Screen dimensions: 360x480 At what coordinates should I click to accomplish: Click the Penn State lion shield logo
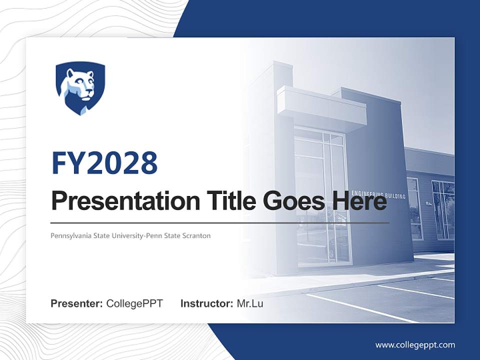click(80, 88)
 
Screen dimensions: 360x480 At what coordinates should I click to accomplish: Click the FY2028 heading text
click(104, 163)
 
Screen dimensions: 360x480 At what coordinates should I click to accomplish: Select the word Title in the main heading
click(220, 201)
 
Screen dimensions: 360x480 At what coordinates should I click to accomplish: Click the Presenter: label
click(77, 303)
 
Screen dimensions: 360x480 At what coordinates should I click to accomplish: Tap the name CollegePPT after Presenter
click(134, 303)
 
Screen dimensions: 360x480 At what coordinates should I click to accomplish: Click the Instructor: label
click(206, 303)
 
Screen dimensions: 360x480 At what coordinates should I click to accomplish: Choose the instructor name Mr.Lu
click(250, 303)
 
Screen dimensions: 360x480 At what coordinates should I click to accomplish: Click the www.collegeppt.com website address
click(415, 345)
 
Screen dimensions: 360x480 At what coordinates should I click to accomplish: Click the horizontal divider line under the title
click(220, 222)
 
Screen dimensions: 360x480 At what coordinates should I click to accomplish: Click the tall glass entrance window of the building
click(320, 200)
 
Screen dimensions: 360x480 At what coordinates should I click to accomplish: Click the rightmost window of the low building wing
click(443, 210)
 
